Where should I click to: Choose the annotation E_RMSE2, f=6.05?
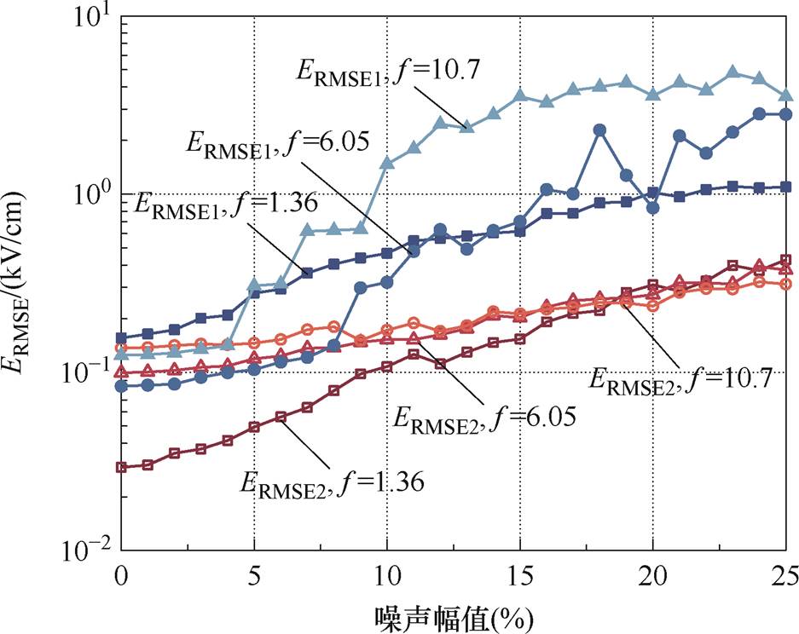[x=483, y=418]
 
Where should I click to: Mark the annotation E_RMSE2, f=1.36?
[x=333, y=481]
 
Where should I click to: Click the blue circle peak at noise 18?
[x=599, y=130]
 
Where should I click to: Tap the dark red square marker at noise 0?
[x=122, y=467]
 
